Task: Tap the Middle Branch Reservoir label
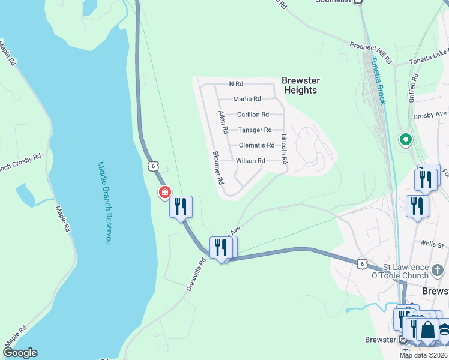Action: click(104, 203)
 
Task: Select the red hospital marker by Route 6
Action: click(164, 192)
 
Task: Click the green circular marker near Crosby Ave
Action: click(405, 141)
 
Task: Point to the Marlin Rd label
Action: click(247, 99)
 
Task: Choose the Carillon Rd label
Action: click(252, 115)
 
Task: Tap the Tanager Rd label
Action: click(255, 130)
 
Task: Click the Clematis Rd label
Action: click(256, 145)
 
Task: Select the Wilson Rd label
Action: click(250, 161)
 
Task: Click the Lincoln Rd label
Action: click(285, 148)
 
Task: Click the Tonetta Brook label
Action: click(378, 80)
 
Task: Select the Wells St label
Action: click(432, 244)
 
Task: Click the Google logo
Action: click(19, 353)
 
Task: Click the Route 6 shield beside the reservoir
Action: click(154, 166)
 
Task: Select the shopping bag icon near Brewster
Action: click(427, 331)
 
